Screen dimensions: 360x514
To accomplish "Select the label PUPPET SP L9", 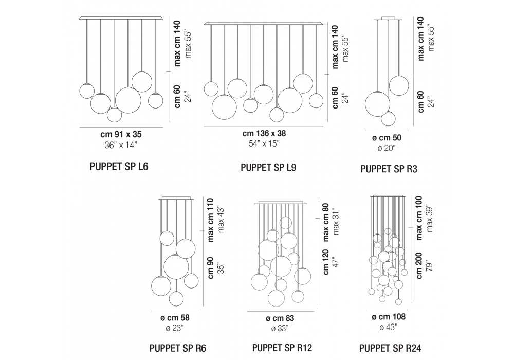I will tap(268, 168).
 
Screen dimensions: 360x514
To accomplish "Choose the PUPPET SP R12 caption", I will tap(282, 348).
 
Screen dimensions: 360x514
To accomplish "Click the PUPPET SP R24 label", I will tap(390, 348).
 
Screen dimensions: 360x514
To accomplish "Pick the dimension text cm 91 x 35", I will tap(121, 134).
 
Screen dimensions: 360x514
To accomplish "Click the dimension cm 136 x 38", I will tap(264, 133).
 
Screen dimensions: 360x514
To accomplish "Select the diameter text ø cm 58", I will tap(174, 318).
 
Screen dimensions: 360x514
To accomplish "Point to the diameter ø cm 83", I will tap(281, 318).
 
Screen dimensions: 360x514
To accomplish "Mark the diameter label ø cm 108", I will tap(388, 317).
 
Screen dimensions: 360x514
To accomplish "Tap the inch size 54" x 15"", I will tap(264, 143).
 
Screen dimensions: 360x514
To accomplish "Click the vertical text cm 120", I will tap(326, 263).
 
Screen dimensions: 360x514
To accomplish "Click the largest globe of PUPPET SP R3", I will tap(377, 104).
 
